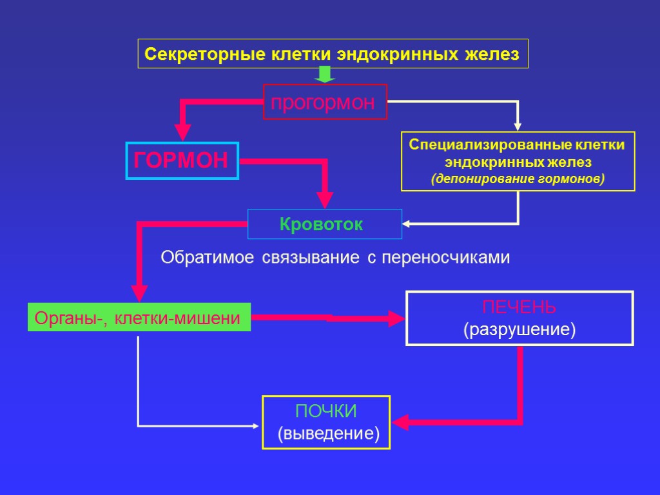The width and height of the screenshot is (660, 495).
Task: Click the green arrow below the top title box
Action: point(325,75)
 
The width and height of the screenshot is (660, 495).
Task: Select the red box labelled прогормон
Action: point(325,102)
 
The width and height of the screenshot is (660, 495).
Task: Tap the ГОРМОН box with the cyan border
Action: point(181,160)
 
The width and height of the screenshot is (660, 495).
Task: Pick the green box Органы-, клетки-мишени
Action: point(139,318)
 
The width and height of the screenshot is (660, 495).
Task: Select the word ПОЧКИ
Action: point(325,411)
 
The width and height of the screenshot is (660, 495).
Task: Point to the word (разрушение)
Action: point(519,330)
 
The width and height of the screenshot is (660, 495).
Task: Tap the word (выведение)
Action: point(328,433)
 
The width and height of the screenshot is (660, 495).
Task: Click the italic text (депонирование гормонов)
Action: point(518,178)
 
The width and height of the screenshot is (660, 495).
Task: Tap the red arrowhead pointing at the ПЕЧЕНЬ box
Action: point(396,318)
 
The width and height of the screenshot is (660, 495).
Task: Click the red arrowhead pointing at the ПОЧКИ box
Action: point(400,423)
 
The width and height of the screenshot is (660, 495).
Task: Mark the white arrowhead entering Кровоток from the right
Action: point(407,224)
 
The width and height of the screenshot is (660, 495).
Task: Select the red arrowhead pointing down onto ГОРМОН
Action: point(182,134)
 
